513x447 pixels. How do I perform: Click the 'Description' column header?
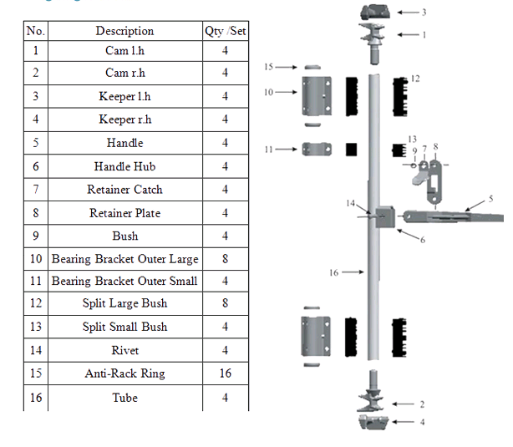tap(124, 31)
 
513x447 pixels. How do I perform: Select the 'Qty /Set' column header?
tap(225, 31)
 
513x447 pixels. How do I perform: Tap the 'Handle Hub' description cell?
tap(124, 166)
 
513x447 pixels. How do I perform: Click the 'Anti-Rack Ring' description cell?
tap(124, 373)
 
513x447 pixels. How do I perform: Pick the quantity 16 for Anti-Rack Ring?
tap(225, 373)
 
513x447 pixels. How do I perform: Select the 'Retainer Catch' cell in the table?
tap(124, 190)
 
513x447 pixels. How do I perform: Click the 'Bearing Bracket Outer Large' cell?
tap(124, 259)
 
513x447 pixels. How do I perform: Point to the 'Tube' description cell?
tap(124, 398)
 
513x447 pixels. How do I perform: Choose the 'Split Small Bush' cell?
tap(124, 327)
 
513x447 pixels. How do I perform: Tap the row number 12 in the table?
tap(35, 303)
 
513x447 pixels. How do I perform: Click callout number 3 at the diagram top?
tap(424, 13)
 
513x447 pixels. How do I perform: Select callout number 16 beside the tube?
tap(333, 272)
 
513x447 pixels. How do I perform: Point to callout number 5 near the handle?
tap(490, 198)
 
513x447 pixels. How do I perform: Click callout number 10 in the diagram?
tap(268, 92)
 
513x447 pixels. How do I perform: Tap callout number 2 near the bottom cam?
tap(422, 404)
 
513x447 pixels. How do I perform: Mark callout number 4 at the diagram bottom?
tap(422, 422)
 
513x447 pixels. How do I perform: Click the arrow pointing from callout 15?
tap(287, 66)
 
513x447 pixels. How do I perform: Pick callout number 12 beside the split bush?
tap(415, 78)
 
